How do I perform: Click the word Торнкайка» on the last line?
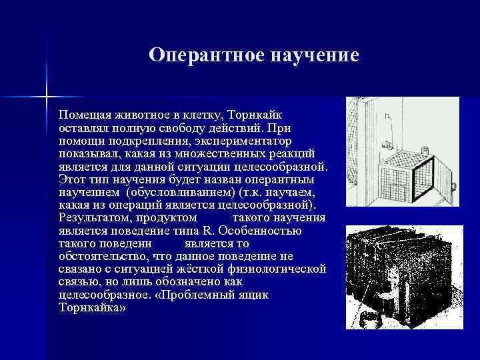click(92, 307)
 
